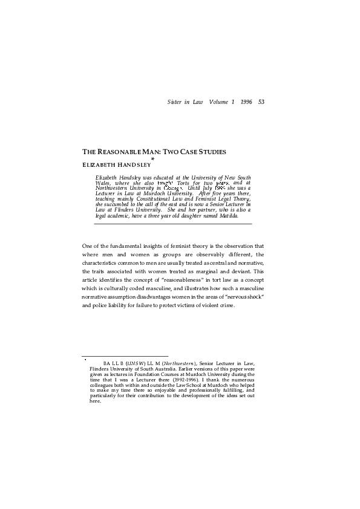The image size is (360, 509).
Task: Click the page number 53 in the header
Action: (261, 101)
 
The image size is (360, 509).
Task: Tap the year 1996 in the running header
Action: (245, 101)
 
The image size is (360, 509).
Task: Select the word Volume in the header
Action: (219, 101)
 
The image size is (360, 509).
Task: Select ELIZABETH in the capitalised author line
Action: (97, 164)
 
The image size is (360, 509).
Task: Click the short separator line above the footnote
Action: (125, 356)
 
